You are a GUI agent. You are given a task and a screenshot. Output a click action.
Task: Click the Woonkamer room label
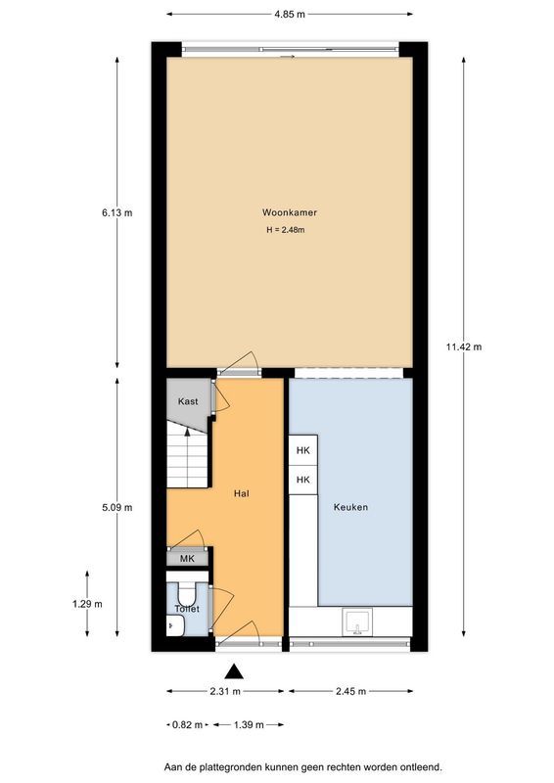(289, 212)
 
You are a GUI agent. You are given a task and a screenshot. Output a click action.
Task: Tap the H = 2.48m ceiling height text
(286, 231)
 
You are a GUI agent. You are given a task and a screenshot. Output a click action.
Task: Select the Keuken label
(350, 507)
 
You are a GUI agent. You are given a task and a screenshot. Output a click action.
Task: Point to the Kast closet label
(188, 402)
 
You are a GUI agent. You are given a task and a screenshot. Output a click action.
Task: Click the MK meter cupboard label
(187, 559)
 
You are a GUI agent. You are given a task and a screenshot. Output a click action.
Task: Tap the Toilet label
(187, 609)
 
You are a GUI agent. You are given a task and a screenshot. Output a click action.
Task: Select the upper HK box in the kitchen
(303, 450)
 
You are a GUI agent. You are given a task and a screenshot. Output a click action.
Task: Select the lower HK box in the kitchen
(303, 480)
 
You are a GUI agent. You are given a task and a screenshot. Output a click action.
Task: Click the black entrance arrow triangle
(234, 670)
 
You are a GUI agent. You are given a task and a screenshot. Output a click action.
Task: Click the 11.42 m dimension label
(463, 346)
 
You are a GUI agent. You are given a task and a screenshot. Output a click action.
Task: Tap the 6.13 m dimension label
(116, 212)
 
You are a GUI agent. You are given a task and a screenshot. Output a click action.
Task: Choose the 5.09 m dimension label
(116, 507)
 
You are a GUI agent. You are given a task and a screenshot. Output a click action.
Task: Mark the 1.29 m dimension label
(87, 604)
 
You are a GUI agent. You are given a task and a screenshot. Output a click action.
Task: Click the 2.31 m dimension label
(224, 692)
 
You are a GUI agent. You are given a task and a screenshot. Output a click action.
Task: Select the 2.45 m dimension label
(349, 692)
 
